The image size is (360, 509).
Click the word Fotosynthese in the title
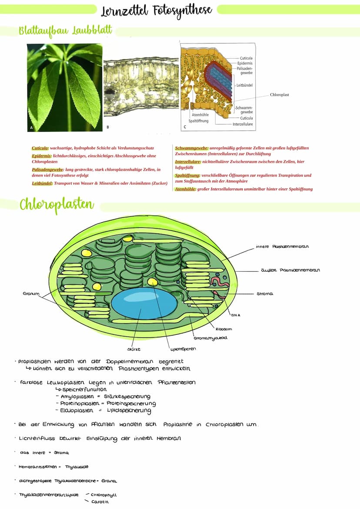(x=185, y=10)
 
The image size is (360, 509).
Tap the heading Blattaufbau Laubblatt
(x=65, y=31)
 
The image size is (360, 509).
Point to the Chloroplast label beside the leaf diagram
(x=279, y=94)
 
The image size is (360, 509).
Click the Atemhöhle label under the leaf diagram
(x=200, y=115)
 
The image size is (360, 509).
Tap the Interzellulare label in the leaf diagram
(x=243, y=124)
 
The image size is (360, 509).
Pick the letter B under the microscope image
(x=107, y=126)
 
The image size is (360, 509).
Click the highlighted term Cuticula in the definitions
(x=40, y=148)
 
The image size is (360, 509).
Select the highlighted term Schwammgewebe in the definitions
(x=191, y=148)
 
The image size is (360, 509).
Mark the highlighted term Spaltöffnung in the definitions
(x=187, y=176)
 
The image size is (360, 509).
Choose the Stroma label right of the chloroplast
(x=264, y=294)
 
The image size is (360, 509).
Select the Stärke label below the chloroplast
(x=133, y=349)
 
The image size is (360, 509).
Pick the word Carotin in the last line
(x=100, y=502)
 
